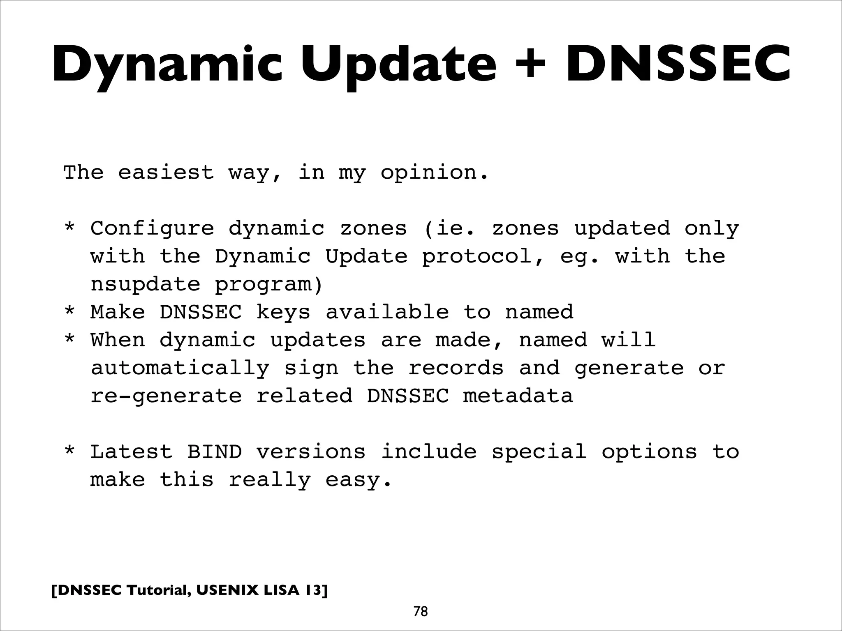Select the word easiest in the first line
166,172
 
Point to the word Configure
152,229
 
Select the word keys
283,312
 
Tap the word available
387,312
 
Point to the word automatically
180,368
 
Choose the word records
456,368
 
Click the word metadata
518,396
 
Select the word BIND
214,452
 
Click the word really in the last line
269,480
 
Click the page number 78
421,612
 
